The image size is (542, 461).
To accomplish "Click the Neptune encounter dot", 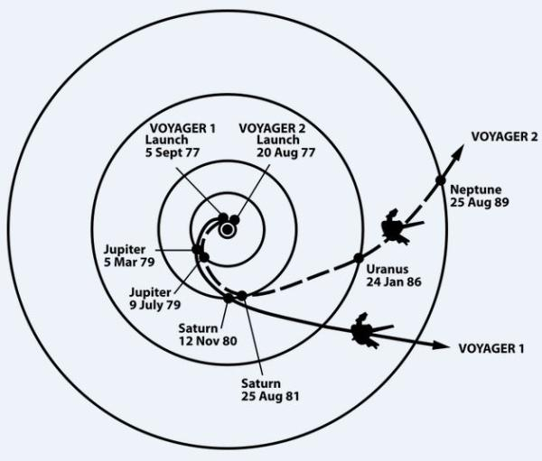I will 440,180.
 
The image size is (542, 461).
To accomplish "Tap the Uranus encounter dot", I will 358,258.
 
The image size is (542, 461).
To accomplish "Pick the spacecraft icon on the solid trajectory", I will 366,332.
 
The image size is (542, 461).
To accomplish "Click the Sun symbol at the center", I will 227,230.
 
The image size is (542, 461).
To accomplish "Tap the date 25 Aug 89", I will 480,203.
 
